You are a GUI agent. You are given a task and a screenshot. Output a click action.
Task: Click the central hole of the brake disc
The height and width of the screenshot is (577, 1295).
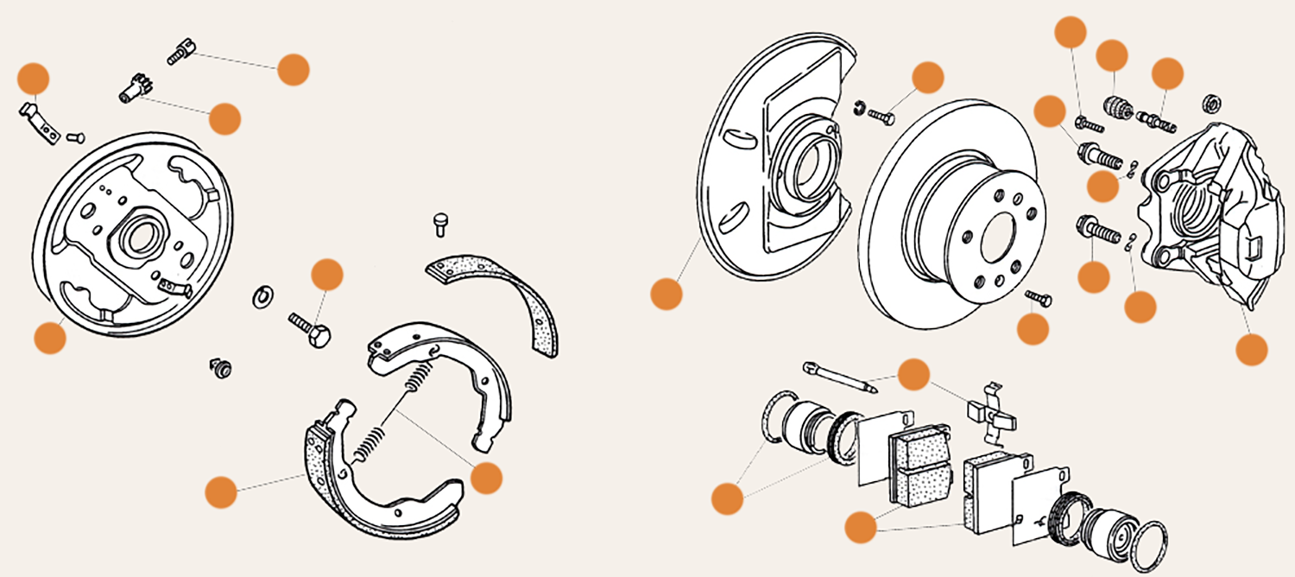[x=995, y=234]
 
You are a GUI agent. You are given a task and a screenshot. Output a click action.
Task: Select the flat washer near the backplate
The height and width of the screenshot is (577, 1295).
[x=262, y=296]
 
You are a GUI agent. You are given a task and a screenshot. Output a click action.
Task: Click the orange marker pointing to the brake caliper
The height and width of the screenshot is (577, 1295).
[x=1251, y=349]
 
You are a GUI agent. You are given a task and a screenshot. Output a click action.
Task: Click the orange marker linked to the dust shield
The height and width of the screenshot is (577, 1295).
[x=666, y=294]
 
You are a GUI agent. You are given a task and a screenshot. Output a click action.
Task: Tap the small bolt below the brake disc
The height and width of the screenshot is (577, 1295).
[x=1039, y=298]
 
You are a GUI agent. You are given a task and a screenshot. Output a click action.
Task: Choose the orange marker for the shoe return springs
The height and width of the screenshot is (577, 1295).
[x=486, y=477]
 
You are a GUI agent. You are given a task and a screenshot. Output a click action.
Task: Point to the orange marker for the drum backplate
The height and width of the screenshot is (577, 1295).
[x=49, y=337]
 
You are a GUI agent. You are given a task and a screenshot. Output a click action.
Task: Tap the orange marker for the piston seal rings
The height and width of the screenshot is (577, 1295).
[x=726, y=498]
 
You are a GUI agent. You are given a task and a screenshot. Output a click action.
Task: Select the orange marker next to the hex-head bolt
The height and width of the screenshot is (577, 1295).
[x=327, y=275]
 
